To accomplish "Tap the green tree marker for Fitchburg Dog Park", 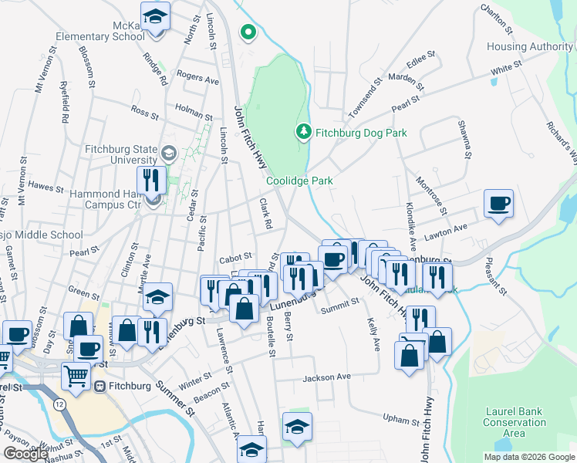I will pos(304,132).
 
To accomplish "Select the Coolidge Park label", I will pos(299,181).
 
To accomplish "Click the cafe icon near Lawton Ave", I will pos(498,204).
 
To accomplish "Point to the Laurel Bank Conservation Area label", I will pos(515,422).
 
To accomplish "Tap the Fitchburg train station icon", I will pos(100,386).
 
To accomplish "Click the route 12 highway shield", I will pos(59,404).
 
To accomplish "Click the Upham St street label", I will pos(400,417).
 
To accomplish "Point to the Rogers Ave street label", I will pos(198,77).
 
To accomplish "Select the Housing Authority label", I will pos(529,47).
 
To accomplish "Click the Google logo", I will pos(25,453).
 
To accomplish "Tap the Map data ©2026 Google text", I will pos(529,457).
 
